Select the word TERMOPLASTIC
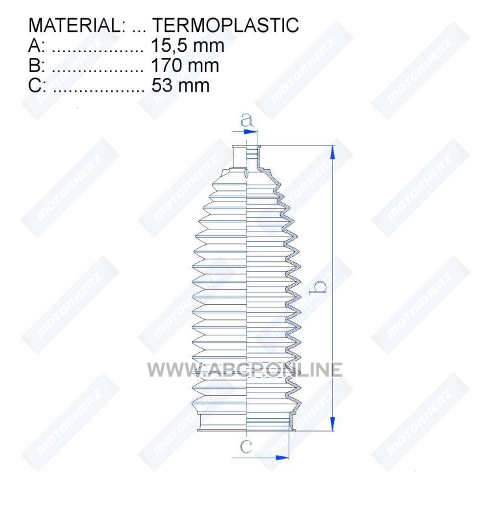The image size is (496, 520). coord(226,25)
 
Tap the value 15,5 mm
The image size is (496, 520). coord(187,45)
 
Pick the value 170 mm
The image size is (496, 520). coord(185,66)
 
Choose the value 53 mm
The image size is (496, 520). coord(180,85)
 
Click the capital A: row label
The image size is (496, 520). coord(36,45)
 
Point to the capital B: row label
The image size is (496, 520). coord(36,66)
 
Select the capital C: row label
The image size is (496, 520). coord(37,85)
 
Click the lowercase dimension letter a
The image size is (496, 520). coord(246,120)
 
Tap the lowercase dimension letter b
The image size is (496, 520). coord(317,287)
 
